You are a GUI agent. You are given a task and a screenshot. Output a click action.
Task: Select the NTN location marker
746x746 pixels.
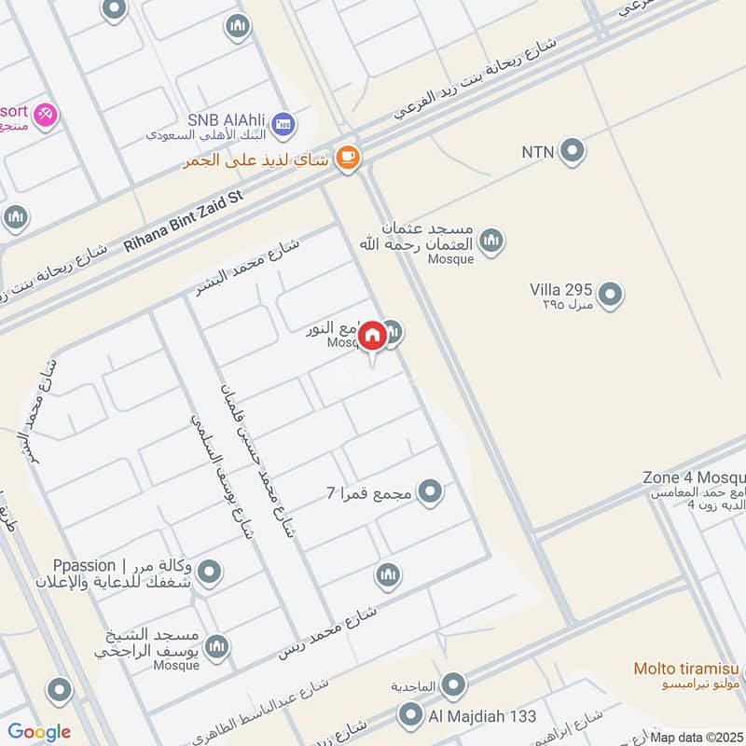(x=572, y=149)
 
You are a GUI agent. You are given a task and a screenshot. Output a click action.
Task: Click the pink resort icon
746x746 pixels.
(x=44, y=116)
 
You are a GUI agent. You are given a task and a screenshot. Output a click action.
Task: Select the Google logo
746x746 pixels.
(x=39, y=732)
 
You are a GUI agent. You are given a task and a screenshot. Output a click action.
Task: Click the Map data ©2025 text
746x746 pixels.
(x=697, y=737)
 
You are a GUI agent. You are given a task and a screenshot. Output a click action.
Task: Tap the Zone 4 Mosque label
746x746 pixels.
(x=693, y=477)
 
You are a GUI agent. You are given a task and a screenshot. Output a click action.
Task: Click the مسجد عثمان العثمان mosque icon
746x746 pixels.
(x=490, y=241)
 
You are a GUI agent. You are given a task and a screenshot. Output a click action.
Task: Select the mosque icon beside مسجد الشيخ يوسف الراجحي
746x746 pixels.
(x=217, y=646)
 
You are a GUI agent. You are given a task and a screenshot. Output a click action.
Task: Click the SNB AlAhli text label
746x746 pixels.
(x=227, y=119)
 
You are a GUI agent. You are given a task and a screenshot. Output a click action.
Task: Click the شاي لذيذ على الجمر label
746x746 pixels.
(x=257, y=159)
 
